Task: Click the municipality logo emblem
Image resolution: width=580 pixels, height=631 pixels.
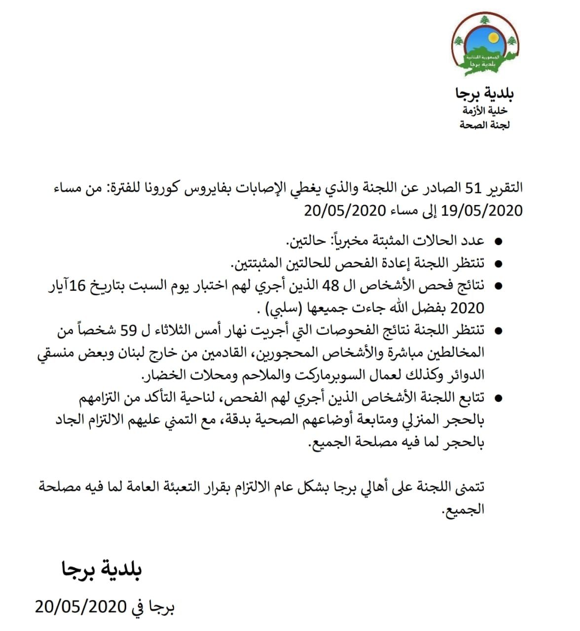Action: coord(485,44)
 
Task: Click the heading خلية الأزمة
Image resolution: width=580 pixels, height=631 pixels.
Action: coord(485,110)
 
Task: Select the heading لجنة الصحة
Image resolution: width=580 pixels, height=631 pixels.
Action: coord(484,125)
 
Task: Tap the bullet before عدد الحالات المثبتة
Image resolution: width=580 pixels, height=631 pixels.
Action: coord(498,242)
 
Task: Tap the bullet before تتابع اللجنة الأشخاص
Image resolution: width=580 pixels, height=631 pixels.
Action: coord(498,397)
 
